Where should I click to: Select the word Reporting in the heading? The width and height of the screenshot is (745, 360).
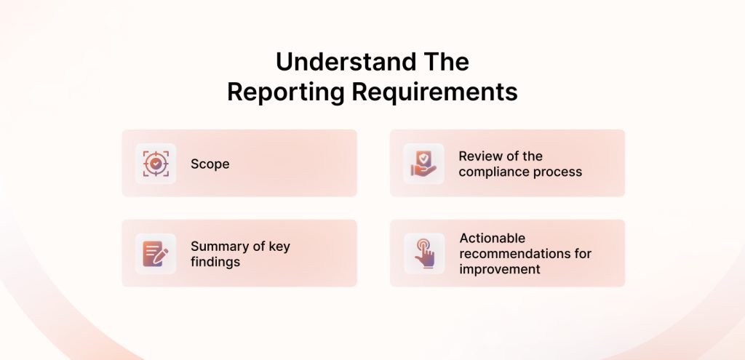click(x=285, y=92)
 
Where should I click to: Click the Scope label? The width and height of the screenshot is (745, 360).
click(x=210, y=164)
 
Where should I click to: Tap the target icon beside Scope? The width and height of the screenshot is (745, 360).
click(x=156, y=164)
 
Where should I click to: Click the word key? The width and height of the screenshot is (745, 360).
click(x=279, y=247)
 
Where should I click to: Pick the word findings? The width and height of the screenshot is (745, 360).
click(x=215, y=262)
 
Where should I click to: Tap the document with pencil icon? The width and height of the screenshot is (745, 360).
click(x=156, y=254)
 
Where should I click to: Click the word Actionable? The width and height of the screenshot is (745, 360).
click(x=493, y=238)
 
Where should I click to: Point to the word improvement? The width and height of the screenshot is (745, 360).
click(x=500, y=269)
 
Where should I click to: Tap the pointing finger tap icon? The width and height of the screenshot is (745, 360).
click(x=424, y=254)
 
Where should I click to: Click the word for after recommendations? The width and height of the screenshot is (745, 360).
click(x=582, y=254)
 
